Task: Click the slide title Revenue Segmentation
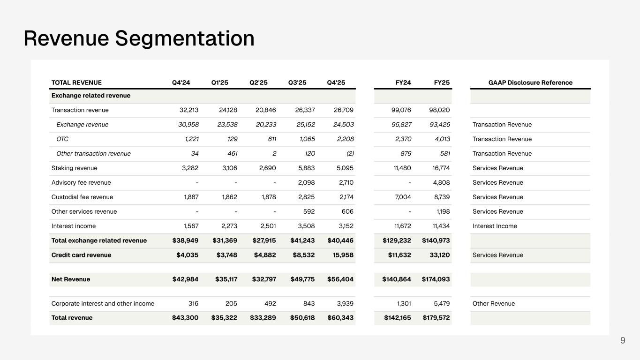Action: (x=139, y=38)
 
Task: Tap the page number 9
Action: (x=623, y=340)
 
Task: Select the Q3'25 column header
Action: (x=297, y=82)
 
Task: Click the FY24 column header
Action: (x=403, y=82)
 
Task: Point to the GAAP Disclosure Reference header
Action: (x=530, y=82)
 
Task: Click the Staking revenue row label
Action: (x=75, y=168)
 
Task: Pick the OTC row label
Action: (x=62, y=139)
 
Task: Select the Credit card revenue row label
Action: (x=82, y=255)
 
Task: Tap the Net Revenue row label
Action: (x=71, y=279)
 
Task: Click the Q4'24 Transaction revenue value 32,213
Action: (x=189, y=110)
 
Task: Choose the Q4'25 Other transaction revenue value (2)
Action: (x=350, y=153)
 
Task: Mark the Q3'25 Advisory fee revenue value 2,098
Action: (x=307, y=182)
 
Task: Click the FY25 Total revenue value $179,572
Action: (x=436, y=317)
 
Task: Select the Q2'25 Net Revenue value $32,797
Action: (x=264, y=279)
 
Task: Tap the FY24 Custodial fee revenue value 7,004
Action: (x=403, y=197)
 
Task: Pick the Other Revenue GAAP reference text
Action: (x=494, y=303)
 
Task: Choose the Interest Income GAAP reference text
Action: (x=495, y=226)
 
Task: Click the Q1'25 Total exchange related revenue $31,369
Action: (x=224, y=240)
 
